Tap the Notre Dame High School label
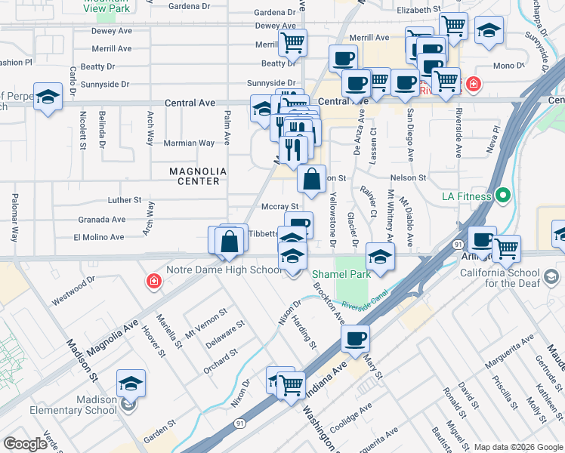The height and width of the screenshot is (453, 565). [235, 270]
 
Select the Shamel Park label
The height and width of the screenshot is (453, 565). [341, 275]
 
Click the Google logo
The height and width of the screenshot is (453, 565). [25, 444]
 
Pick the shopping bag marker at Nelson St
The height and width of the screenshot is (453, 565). [311, 179]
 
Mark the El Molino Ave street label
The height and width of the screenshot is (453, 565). [98, 237]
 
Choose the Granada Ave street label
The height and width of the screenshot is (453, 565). [102, 219]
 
